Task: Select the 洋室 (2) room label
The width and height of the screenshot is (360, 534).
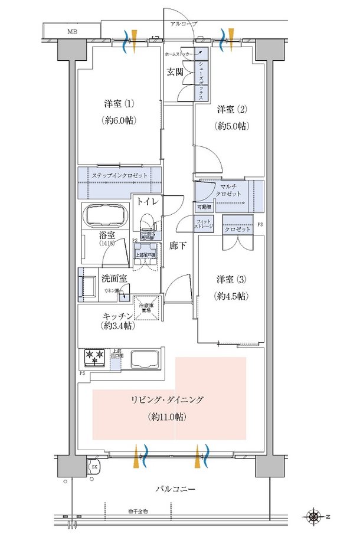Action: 231,109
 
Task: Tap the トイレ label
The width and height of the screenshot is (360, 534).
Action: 146,202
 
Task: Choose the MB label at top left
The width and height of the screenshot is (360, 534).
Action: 71,31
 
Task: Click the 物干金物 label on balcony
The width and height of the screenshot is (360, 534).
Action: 138,511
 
